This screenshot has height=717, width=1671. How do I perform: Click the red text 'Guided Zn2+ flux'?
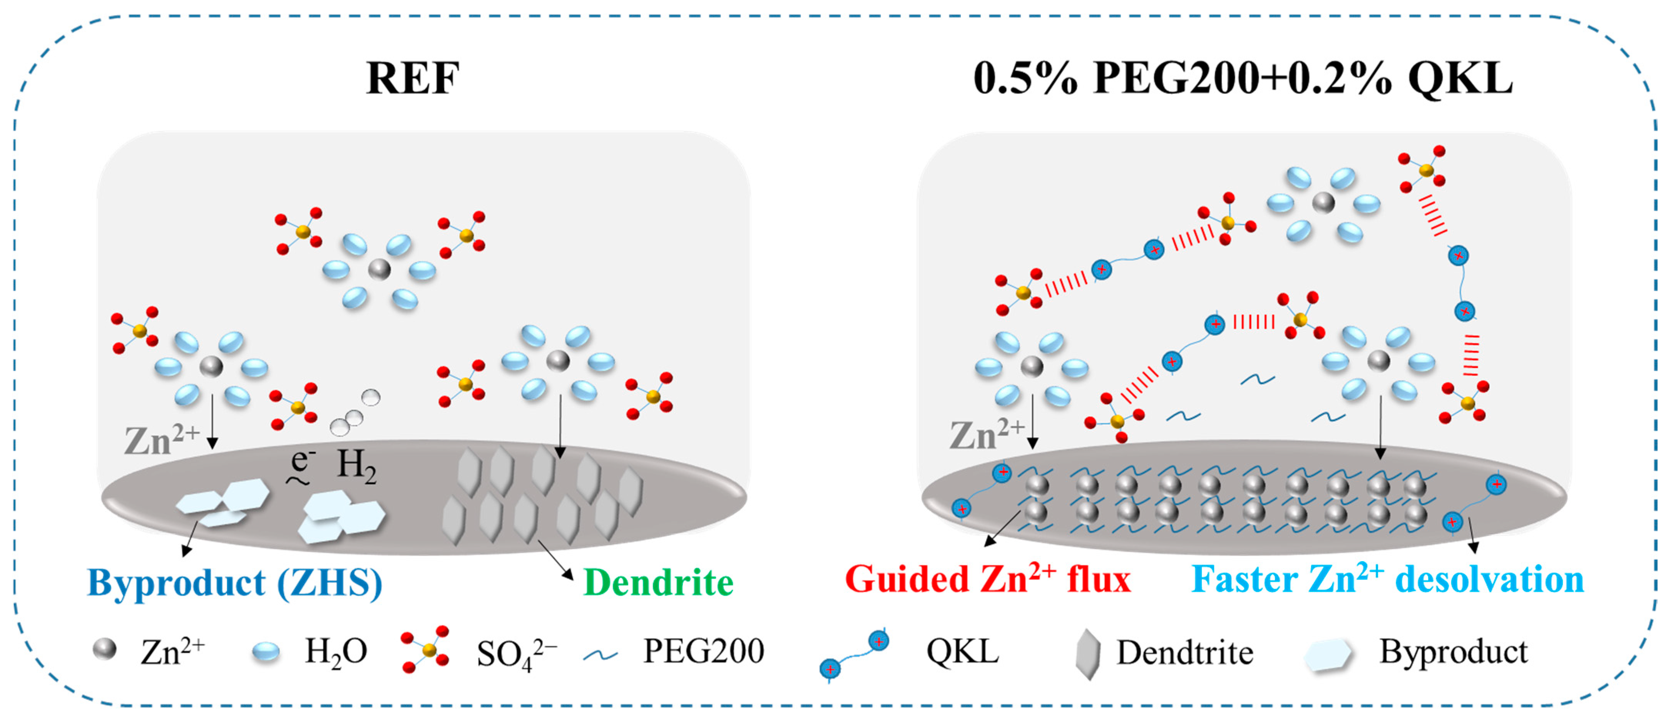tap(987, 578)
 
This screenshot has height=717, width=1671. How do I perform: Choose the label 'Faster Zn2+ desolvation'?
tap(1388, 578)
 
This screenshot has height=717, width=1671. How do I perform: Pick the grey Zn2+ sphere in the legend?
tap(104, 649)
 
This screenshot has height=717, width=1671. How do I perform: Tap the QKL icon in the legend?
tap(854, 655)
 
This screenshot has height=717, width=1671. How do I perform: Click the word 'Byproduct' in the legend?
tap(1453, 652)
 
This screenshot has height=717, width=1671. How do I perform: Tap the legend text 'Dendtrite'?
tap(1184, 652)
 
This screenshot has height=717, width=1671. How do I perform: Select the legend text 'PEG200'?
tap(703, 651)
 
